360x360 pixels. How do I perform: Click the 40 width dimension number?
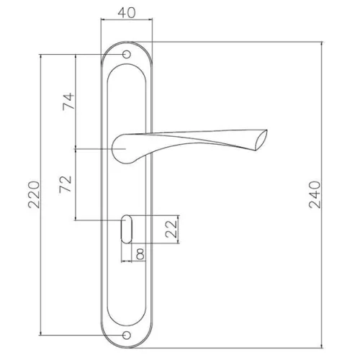click(127, 13)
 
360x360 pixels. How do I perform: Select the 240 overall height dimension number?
click(315, 194)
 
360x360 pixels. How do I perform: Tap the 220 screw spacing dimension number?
click(34, 194)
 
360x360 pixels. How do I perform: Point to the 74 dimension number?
click(68, 102)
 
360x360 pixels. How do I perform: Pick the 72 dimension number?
click(66, 184)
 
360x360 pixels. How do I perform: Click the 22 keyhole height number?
click(171, 229)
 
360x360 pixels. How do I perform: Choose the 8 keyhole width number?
click(140, 254)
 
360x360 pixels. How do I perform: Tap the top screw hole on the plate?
click(127, 55)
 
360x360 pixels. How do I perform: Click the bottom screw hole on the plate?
click(127, 335)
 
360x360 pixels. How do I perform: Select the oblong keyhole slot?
click(127, 229)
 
